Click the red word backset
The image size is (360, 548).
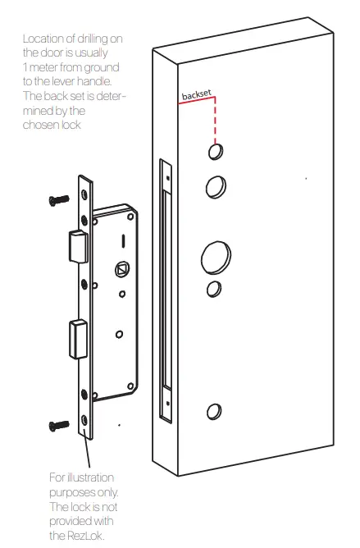point(197,96)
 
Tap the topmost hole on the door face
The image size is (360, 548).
point(215,153)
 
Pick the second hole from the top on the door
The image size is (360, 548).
point(214,186)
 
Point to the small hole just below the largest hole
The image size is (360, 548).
point(213,289)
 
